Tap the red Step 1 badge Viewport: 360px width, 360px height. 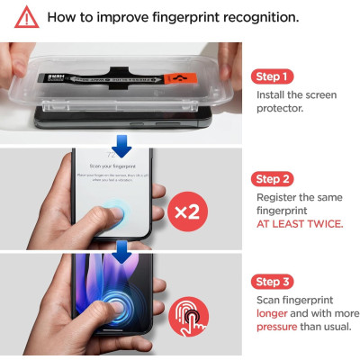point(274,76)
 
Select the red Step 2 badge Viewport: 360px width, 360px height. point(274,179)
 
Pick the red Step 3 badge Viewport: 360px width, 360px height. point(274,282)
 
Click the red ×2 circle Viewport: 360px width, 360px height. point(191,212)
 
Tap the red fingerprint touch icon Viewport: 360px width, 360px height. point(191,317)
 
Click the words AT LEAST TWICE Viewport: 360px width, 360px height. point(300,223)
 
